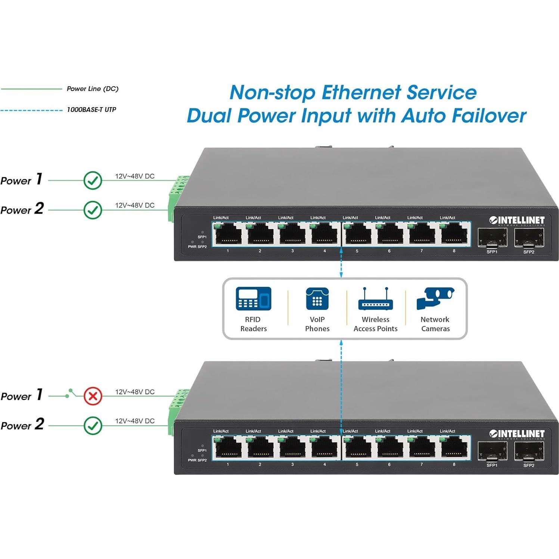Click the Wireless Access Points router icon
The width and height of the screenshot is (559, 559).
375,300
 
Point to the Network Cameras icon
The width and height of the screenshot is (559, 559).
435,298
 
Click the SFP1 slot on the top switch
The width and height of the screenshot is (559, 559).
492,237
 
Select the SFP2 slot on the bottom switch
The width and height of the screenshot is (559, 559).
529,451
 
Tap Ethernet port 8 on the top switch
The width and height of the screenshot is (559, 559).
454,234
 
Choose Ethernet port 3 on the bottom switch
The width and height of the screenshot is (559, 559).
292,447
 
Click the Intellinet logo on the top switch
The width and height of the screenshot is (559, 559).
517,220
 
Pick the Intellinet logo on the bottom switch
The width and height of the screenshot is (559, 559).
517,434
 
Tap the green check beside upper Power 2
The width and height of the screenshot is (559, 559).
93,210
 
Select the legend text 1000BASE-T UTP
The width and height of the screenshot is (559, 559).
91,109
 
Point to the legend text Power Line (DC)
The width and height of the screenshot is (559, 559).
93,88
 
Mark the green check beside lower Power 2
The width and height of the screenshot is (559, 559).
93,425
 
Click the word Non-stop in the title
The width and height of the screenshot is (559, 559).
272,92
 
